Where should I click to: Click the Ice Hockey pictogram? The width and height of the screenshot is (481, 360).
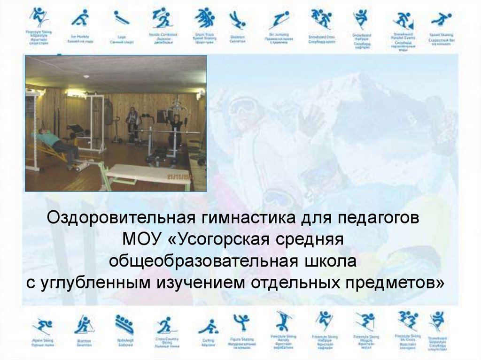(x=80, y=18)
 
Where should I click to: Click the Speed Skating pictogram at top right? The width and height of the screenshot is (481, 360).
(x=441, y=20)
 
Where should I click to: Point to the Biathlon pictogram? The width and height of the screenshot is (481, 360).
(x=84, y=324)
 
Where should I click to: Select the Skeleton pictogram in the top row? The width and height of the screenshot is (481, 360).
(x=237, y=20)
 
